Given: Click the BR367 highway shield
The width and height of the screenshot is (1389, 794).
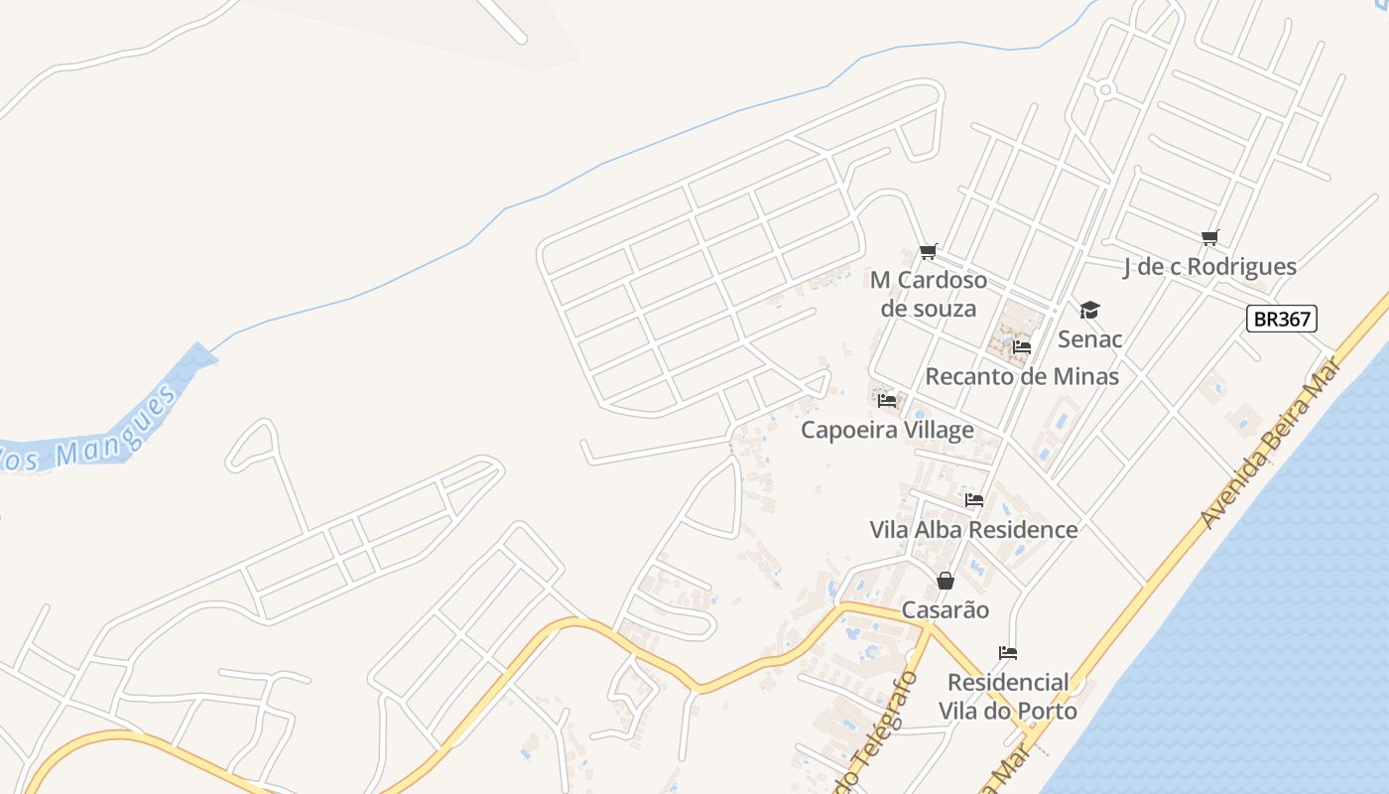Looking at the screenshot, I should click(x=1282, y=319).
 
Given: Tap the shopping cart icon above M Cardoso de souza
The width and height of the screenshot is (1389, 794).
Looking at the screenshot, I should click(x=929, y=252).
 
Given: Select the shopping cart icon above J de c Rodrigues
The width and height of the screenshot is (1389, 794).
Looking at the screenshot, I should click(x=1209, y=238).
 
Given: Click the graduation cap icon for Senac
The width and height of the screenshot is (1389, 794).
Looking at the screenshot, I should click(x=1089, y=311).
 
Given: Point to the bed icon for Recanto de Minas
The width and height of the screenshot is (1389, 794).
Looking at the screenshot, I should click(x=1022, y=347).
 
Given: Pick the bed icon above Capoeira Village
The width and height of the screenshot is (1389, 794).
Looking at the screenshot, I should click(x=887, y=401).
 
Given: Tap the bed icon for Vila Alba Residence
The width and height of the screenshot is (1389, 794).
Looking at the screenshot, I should click(x=974, y=500).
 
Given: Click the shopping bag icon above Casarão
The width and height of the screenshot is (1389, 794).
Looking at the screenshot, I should click(x=946, y=581).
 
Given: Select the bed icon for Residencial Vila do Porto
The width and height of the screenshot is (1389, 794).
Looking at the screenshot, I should click(x=1008, y=653).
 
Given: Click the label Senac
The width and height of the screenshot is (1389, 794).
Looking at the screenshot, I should click(x=1089, y=339).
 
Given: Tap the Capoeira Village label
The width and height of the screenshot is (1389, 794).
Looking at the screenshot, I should click(x=887, y=430).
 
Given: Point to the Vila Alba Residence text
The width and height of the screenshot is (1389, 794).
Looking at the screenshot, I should click(x=973, y=529).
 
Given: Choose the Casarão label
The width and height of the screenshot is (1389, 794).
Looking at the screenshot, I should click(x=946, y=609).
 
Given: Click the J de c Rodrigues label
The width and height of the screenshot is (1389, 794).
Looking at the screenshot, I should click(x=1209, y=266).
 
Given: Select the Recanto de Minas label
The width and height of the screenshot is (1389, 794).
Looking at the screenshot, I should click(x=1022, y=376).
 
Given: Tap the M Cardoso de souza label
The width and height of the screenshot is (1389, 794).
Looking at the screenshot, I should click(x=929, y=294).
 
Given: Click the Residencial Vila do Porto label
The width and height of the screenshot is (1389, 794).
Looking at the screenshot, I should click(x=1008, y=697).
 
